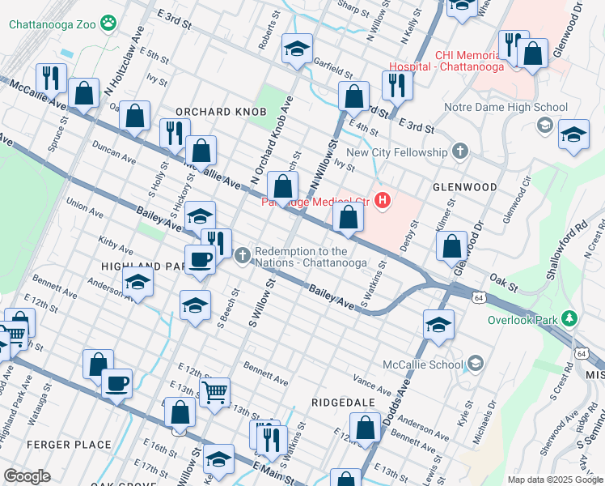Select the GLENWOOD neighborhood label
pos(464,187)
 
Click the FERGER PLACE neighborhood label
pos(69,445)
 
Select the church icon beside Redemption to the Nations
pos(242,257)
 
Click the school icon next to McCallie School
pos(475,363)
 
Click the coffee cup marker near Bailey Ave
pos(201,259)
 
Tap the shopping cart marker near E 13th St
pos(214,393)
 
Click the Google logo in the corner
pos(27,476)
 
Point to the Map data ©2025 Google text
pos(553,480)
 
